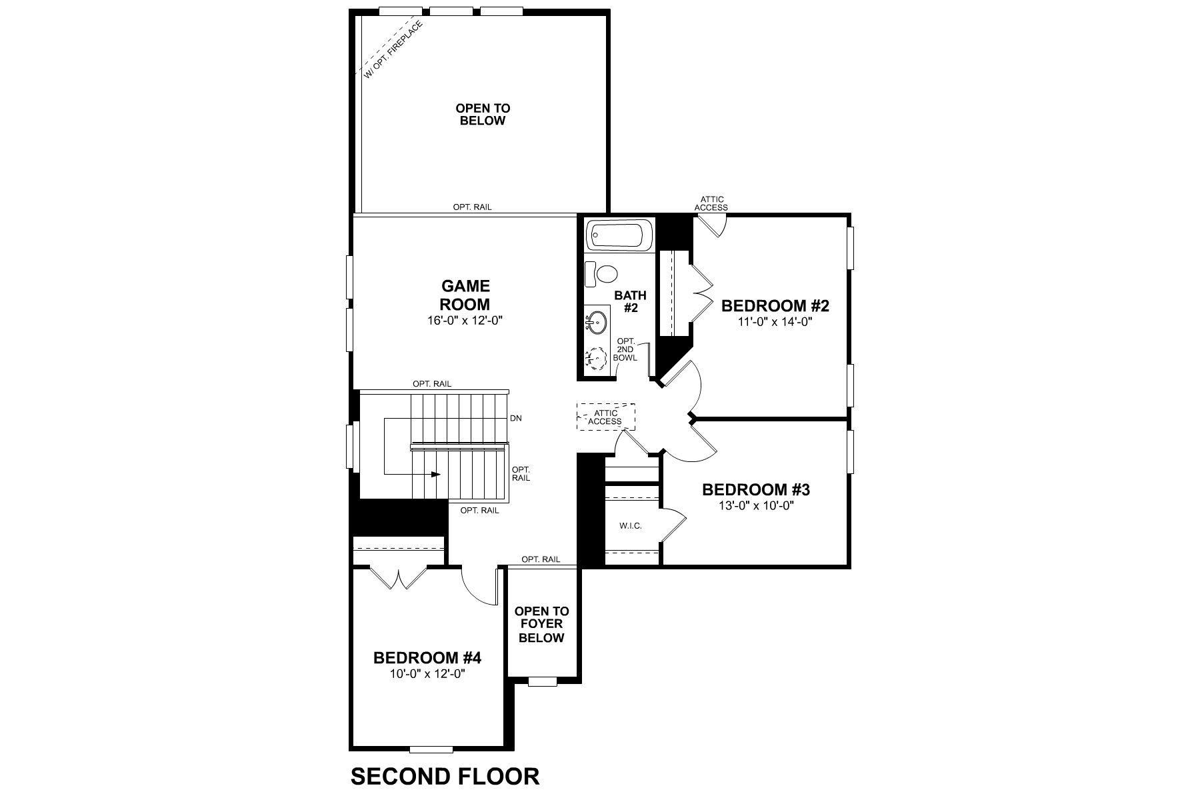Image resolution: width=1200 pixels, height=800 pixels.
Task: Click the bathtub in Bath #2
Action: pos(617,237)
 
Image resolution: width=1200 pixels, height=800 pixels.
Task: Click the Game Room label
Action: pos(465,295)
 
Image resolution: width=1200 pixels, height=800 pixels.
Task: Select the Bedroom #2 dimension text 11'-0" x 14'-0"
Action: pos(775,321)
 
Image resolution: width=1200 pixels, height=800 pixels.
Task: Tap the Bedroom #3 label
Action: pos(755,490)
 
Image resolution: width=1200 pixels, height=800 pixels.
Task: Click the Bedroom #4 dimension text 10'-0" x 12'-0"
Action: pos(427,673)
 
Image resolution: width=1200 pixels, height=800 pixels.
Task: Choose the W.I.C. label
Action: pos(630,526)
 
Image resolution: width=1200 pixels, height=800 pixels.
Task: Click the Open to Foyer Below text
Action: pos(542,624)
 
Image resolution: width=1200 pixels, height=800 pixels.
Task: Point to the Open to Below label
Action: pos(482,114)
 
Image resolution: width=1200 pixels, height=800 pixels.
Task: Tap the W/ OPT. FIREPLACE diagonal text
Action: pos(393,51)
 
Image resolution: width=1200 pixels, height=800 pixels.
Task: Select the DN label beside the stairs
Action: pos(515,419)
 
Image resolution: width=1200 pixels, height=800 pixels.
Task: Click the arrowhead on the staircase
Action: pos(436,474)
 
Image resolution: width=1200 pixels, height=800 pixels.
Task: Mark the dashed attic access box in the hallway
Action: pos(606,417)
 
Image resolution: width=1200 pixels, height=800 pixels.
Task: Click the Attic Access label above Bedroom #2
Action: pos(711,203)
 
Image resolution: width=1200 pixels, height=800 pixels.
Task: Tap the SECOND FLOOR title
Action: pos(445,777)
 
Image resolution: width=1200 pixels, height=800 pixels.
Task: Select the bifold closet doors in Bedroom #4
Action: pos(398,577)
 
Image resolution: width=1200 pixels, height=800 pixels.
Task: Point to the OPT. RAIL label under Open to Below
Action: pos(472,207)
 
